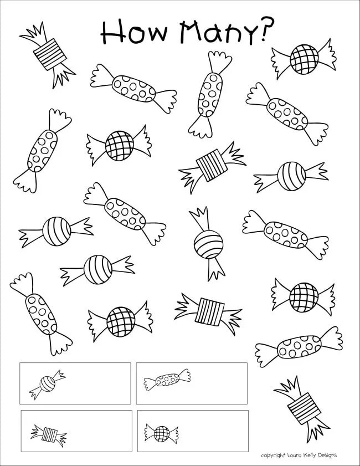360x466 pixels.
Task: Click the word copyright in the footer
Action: tap(273, 455)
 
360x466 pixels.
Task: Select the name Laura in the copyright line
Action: tap(295, 455)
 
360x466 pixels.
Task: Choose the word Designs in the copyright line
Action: tap(328, 455)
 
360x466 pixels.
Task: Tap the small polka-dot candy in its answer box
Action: tap(167, 380)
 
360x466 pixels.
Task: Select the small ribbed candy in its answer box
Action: tap(49, 432)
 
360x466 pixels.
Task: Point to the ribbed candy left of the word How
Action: tap(48, 54)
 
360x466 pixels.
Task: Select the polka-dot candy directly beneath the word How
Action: tap(133, 89)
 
